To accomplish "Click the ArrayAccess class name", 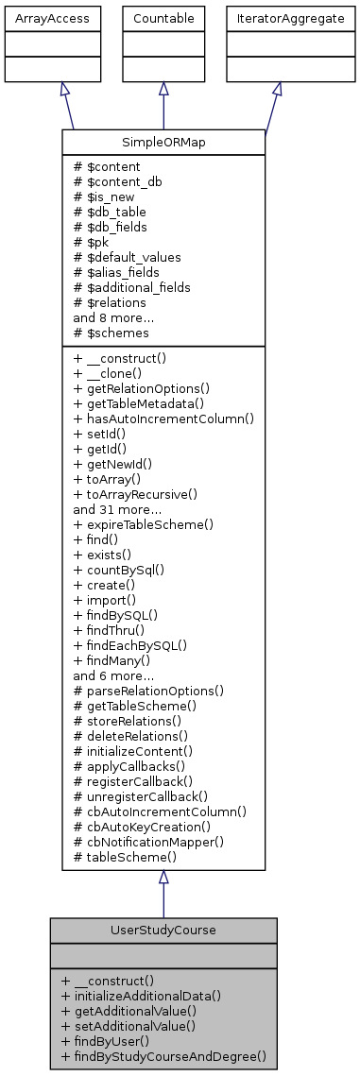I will click(x=38, y=18).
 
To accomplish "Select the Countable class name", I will click(x=163, y=18).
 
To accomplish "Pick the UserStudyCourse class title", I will click(x=163, y=930).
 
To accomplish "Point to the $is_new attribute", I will click(x=107, y=196).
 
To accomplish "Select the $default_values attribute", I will click(x=124, y=257).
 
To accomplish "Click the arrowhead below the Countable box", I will click(x=163, y=88).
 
